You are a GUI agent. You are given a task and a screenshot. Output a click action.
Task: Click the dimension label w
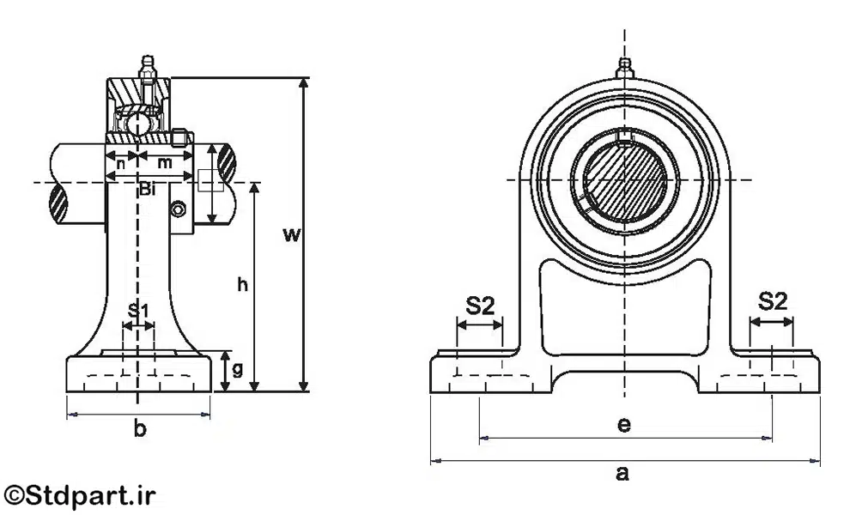click(x=292, y=234)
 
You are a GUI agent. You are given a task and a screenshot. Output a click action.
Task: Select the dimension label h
click(x=243, y=286)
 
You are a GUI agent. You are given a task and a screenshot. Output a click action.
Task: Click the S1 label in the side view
click(x=138, y=310)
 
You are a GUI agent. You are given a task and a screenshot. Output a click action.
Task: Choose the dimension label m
click(x=165, y=162)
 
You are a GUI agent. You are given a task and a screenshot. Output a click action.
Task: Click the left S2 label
click(x=481, y=304)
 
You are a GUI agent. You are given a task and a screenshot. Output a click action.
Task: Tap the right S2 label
click(x=773, y=300)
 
